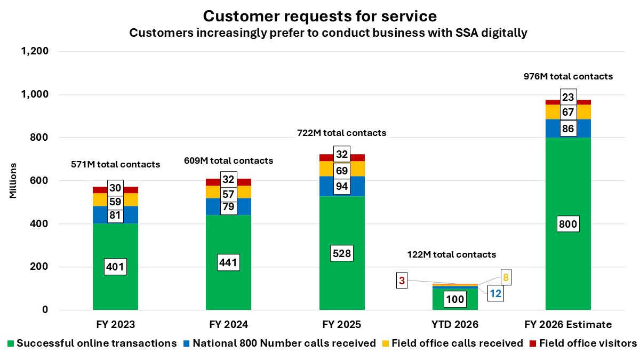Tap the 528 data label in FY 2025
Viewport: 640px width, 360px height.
342,253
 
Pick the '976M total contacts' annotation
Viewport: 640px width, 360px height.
569,76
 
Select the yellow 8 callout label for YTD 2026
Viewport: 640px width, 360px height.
506,277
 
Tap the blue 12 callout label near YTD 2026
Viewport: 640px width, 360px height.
496,293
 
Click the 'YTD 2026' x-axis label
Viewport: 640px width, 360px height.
455,324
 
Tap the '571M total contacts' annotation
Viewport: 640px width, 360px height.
115,164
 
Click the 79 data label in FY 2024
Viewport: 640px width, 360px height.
228,206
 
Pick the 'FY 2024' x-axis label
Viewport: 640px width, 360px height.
228,324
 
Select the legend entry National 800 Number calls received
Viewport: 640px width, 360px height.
282,343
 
